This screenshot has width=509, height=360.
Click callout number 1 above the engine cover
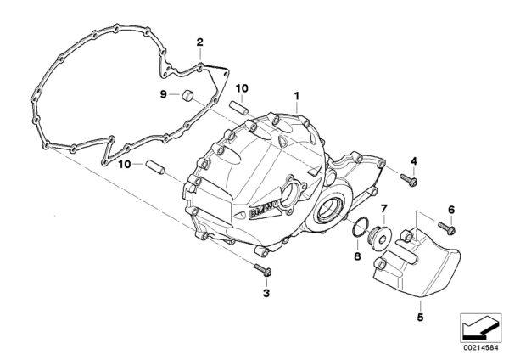tap(296, 96)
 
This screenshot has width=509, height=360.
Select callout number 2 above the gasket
tap(199, 42)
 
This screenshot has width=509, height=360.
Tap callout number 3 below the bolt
tap(266, 294)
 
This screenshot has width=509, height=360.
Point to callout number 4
tap(414, 160)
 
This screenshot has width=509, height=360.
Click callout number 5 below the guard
tap(421, 317)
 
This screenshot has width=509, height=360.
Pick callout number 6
tap(451, 210)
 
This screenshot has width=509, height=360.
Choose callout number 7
tap(383, 208)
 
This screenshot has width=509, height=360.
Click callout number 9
tap(163, 94)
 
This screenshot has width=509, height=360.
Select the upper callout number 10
tap(242, 88)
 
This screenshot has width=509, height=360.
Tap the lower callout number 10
tap(125, 165)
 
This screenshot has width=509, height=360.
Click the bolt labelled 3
tap(263, 270)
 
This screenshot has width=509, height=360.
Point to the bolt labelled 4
tap(408, 180)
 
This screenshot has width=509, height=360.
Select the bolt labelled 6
tap(447, 228)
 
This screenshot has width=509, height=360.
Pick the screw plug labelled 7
tap(379, 239)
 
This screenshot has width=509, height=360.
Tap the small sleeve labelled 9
tap(187, 95)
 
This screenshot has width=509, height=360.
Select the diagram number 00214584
tap(481, 348)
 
